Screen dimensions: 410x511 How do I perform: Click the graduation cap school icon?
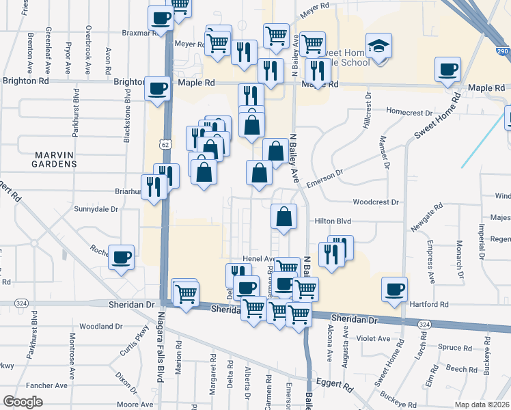click(x=379, y=46)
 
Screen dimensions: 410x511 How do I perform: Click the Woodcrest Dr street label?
click(x=375, y=202)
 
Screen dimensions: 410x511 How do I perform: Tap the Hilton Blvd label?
click(x=333, y=221)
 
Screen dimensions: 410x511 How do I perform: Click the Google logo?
click(x=23, y=402)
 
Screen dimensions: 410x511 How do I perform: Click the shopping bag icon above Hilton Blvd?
click(x=284, y=217)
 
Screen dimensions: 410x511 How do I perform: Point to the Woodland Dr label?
click(x=100, y=327)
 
